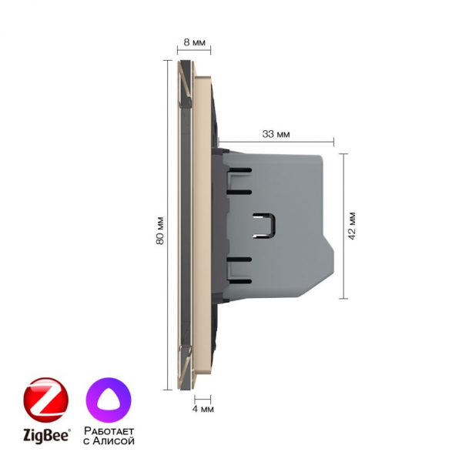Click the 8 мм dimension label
point(194,42)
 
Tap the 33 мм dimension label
point(276,134)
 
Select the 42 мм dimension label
point(352,226)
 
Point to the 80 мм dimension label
point(159,231)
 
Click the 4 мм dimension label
point(203,409)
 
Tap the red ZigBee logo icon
point(45,400)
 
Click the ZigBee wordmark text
point(47,435)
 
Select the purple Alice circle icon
point(109,400)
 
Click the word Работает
point(109,430)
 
